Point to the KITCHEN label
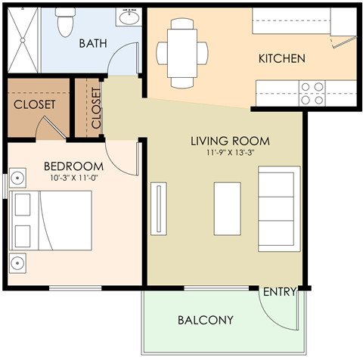(x=281, y=58)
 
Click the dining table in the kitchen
(x=181, y=51)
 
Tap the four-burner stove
(x=312, y=93)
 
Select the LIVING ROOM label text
(x=230, y=141)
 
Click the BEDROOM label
(x=73, y=166)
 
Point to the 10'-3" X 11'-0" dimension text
(x=73, y=178)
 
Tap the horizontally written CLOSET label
(x=33, y=105)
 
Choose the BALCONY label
(x=205, y=320)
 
